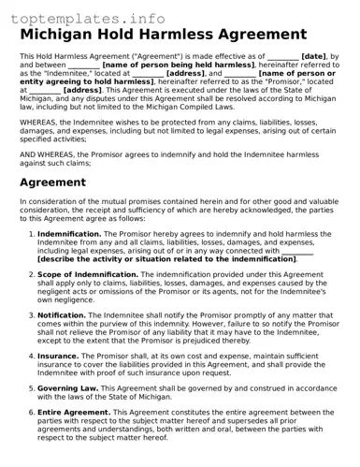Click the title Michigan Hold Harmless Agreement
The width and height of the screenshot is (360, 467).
[164, 35]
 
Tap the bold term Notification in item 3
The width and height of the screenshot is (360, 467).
[63, 316]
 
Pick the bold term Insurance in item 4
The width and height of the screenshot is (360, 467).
[59, 356]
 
